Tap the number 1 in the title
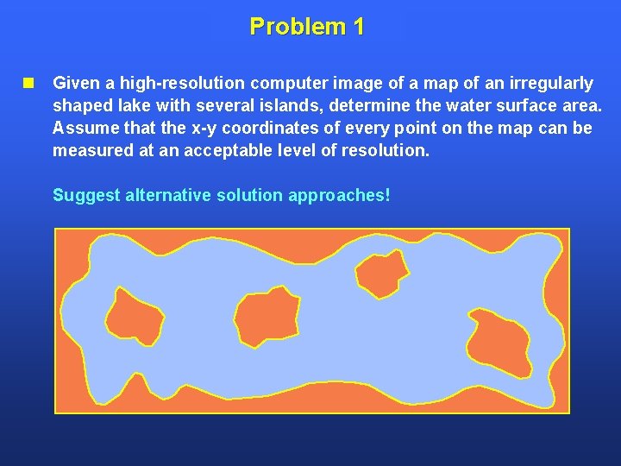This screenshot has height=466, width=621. [358, 27]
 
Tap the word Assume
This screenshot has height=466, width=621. [83, 129]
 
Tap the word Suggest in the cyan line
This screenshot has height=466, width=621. [86, 195]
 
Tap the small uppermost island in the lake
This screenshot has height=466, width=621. [381, 273]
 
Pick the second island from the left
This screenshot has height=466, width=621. [267, 317]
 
